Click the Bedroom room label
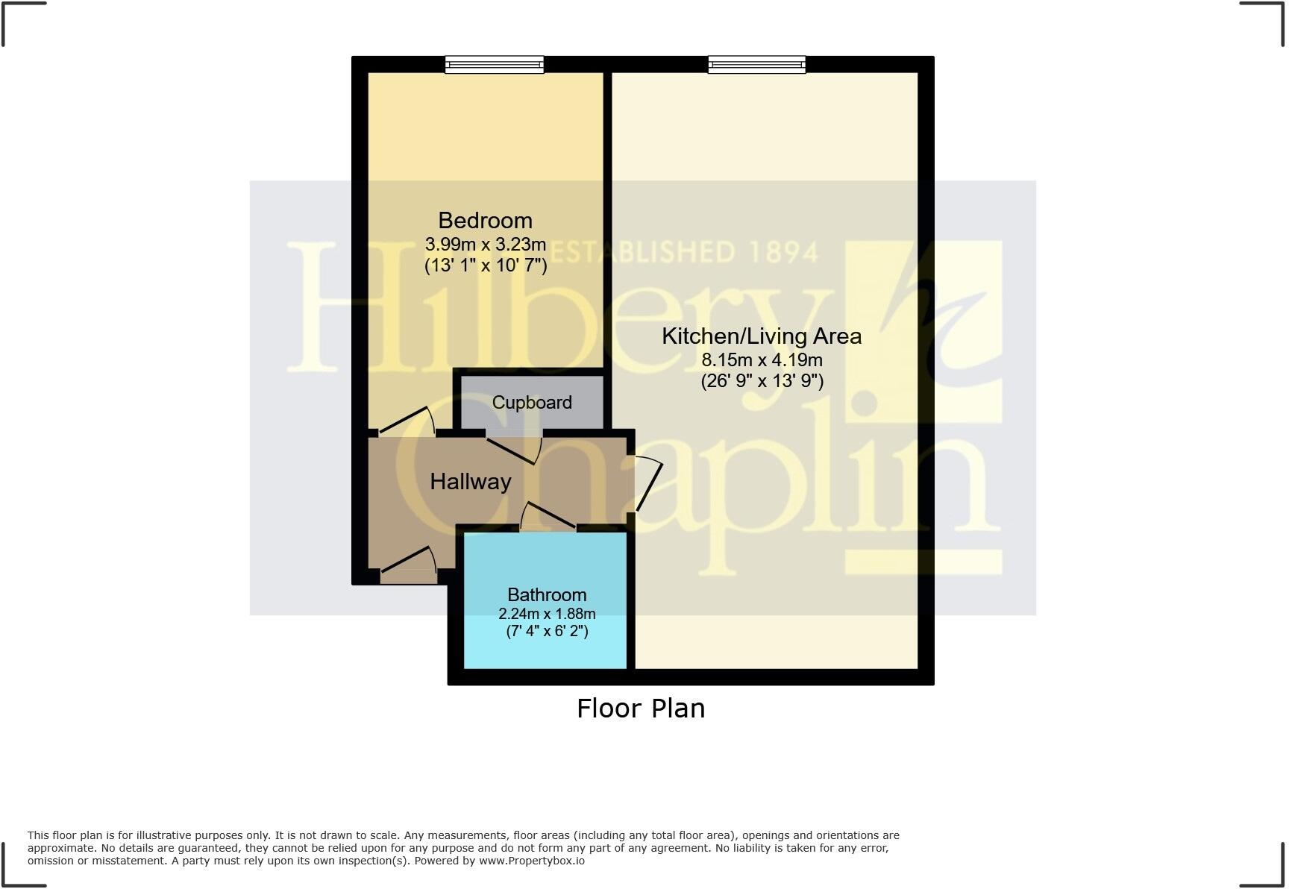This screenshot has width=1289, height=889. (485, 221)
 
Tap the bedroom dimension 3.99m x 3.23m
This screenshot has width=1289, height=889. (485, 244)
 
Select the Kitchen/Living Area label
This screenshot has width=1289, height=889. (762, 336)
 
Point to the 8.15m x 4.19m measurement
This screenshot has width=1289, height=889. (762, 359)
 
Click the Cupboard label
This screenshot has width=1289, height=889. (532, 403)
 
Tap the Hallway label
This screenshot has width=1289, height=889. (471, 482)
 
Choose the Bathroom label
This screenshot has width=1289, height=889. (547, 595)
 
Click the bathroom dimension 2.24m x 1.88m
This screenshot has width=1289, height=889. (547, 614)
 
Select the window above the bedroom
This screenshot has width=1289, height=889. (495, 65)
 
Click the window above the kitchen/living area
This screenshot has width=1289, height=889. (757, 65)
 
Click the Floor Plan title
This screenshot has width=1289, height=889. (641, 709)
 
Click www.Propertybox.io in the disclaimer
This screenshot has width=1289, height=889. (531, 861)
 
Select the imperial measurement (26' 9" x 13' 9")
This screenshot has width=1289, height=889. (762, 381)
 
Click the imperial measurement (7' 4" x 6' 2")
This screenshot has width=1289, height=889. (547, 632)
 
